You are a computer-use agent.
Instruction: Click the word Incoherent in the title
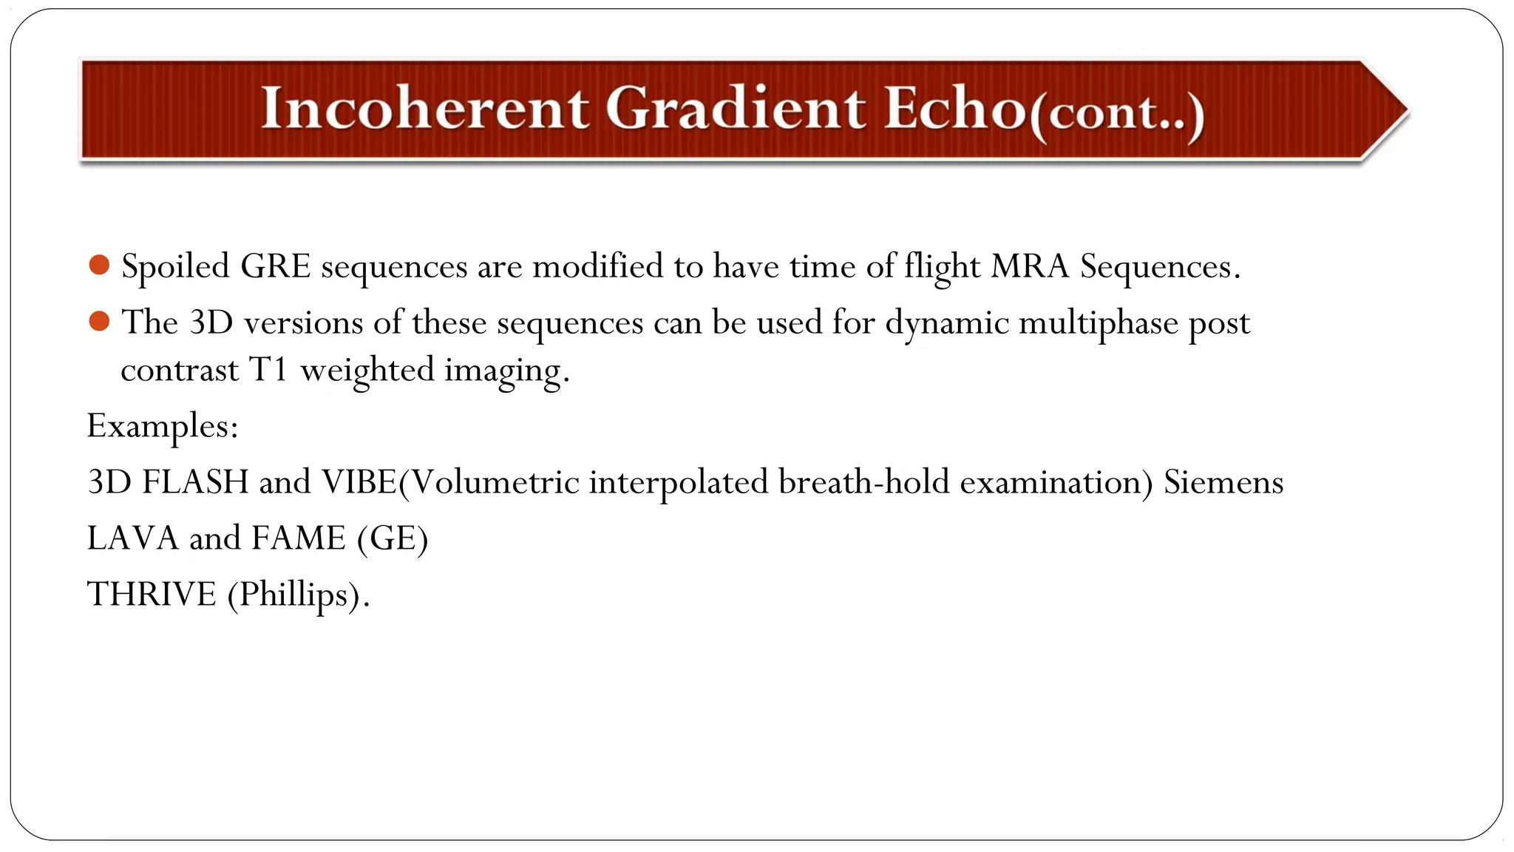424,109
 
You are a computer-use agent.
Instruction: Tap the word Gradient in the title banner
735,109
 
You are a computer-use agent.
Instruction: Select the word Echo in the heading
954,109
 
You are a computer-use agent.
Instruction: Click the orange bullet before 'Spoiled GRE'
99,265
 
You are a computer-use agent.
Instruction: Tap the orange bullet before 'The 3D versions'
99,321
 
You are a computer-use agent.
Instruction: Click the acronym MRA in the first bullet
1030,266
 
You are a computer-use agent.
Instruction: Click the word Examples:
163,427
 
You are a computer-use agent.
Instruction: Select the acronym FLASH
195,482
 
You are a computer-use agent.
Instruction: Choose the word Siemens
1223,482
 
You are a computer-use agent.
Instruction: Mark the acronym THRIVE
152,594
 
